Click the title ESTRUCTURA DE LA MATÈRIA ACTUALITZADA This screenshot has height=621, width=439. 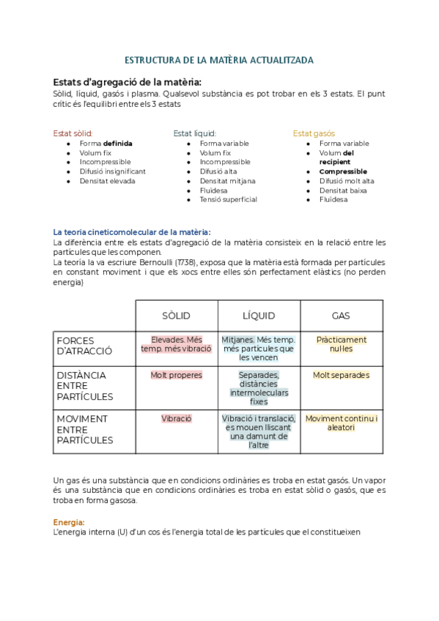(219, 60)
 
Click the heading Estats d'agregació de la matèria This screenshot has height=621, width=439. (127, 81)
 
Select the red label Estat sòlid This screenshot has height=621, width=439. (73, 133)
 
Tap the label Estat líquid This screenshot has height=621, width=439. (194, 133)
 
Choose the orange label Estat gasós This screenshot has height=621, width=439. (314, 133)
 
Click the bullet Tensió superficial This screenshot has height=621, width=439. (228, 199)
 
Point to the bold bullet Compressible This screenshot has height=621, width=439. (343, 171)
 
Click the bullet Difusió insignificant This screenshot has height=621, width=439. (112, 171)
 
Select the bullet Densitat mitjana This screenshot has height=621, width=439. (227, 181)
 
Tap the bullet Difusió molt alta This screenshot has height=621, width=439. (346, 181)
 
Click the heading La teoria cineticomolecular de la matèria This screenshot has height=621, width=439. (132, 232)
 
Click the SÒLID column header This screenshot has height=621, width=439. (176, 316)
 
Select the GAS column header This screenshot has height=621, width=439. (341, 316)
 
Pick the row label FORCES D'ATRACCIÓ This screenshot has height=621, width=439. (84, 345)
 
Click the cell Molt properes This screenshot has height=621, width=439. (176, 375)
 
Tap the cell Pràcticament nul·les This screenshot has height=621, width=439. (341, 344)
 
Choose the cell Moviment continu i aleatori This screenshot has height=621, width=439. (341, 423)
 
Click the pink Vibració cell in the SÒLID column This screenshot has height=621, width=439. (176, 418)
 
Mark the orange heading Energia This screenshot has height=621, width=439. (69, 522)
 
